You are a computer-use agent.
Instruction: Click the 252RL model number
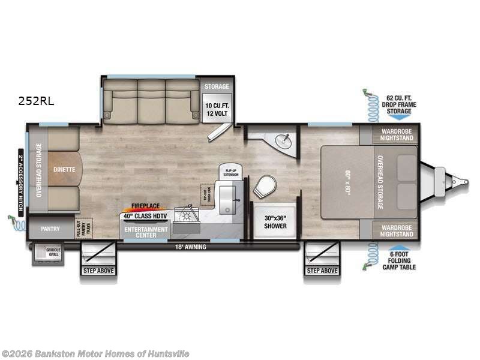35,101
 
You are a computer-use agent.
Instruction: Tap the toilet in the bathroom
263,187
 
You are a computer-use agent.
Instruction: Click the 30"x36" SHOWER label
277,222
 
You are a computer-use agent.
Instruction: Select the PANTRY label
50,229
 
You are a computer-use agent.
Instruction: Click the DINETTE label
64,169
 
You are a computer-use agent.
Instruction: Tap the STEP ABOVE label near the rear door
97,271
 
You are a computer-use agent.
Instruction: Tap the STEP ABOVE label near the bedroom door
322,271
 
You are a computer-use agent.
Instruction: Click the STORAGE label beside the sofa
217,86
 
